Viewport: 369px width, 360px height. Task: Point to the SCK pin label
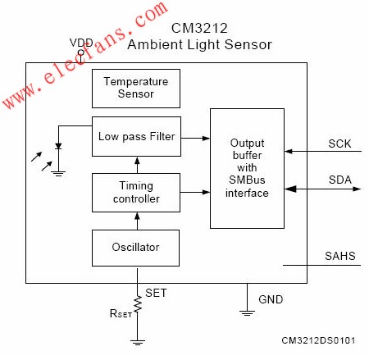pyautogui.click(x=339, y=144)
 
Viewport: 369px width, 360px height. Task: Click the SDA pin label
pyautogui.click(x=340, y=180)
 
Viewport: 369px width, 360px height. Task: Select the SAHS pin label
pyautogui.click(x=340, y=256)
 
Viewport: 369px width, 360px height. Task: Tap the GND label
pyautogui.click(x=271, y=299)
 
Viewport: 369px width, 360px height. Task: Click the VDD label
pyautogui.click(x=81, y=43)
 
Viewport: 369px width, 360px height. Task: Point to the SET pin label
pyautogui.click(x=156, y=293)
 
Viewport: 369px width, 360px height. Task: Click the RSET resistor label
pyautogui.click(x=121, y=313)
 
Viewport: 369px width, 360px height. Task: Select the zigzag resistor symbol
pyautogui.click(x=138, y=304)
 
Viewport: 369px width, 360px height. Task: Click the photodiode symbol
pyautogui.click(x=58, y=146)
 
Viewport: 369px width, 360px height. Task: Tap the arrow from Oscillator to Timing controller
pyautogui.click(x=137, y=221)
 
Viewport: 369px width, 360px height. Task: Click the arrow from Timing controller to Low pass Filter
pyautogui.click(x=137, y=165)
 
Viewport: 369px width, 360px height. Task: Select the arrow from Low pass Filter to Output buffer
pyautogui.click(x=195, y=138)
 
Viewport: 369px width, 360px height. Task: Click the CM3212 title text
pyautogui.click(x=199, y=28)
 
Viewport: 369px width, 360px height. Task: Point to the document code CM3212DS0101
pyautogui.click(x=318, y=340)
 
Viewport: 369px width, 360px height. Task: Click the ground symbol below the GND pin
pyautogui.click(x=247, y=313)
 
